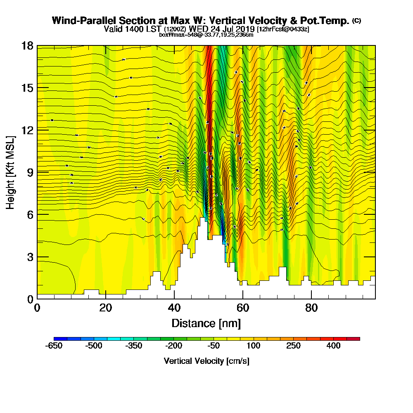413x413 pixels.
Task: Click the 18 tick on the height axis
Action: pyautogui.click(x=28, y=46)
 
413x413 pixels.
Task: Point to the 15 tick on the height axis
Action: pyautogui.click(x=28, y=88)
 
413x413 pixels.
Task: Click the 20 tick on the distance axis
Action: pyautogui.click(x=106, y=308)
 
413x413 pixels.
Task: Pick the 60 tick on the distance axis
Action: pyautogui.click(x=243, y=308)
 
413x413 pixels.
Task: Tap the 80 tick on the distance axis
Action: pyautogui.click(x=311, y=308)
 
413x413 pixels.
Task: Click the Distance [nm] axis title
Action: pyautogui.click(x=206, y=323)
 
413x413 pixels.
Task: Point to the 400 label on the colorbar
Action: pyautogui.click(x=334, y=346)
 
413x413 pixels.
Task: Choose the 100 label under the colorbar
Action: pyautogui.click(x=254, y=346)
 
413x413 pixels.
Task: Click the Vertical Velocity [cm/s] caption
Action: pyautogui.click(x=206, y=361)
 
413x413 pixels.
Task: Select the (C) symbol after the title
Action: pyautogui.click(x=356, y=21)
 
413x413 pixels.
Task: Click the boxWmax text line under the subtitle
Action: pyautogui.click(x=206, y=35)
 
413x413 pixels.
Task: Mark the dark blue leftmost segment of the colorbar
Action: pyautogui.click(x=57, y=339)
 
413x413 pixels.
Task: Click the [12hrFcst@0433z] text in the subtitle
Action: pyautogui.click(x=283, y=29)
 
